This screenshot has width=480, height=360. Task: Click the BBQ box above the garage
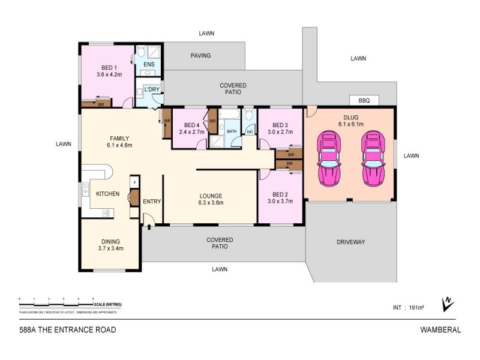[x=364, y=100]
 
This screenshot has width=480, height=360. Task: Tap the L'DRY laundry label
[x=151, y=90]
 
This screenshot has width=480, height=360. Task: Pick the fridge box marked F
[x=135, y=182]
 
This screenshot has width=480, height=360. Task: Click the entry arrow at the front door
[x=148, y=224]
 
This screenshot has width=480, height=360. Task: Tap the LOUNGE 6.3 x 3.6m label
[x=211, y=199]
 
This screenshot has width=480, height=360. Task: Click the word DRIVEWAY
[x=351, y=242]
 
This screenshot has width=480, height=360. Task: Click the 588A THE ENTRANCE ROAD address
[x=68, y=329]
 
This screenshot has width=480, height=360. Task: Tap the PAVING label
[x=201, y=55]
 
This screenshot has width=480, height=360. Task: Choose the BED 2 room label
[x=281, y=198]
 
